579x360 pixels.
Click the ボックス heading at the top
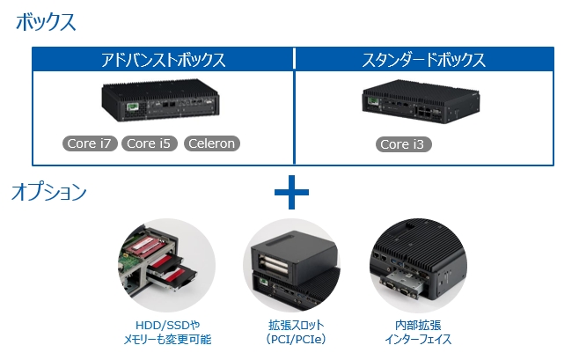click(46, 23)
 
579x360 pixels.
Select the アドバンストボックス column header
click(163, 61)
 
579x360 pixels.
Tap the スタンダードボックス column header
click(424, 61)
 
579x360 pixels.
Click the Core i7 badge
click(91, 143)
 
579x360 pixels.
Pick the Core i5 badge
click(149, 143)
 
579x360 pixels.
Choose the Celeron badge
click(211, 143)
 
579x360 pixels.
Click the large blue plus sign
click(291, 192)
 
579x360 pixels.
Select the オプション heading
click(49, 192)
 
